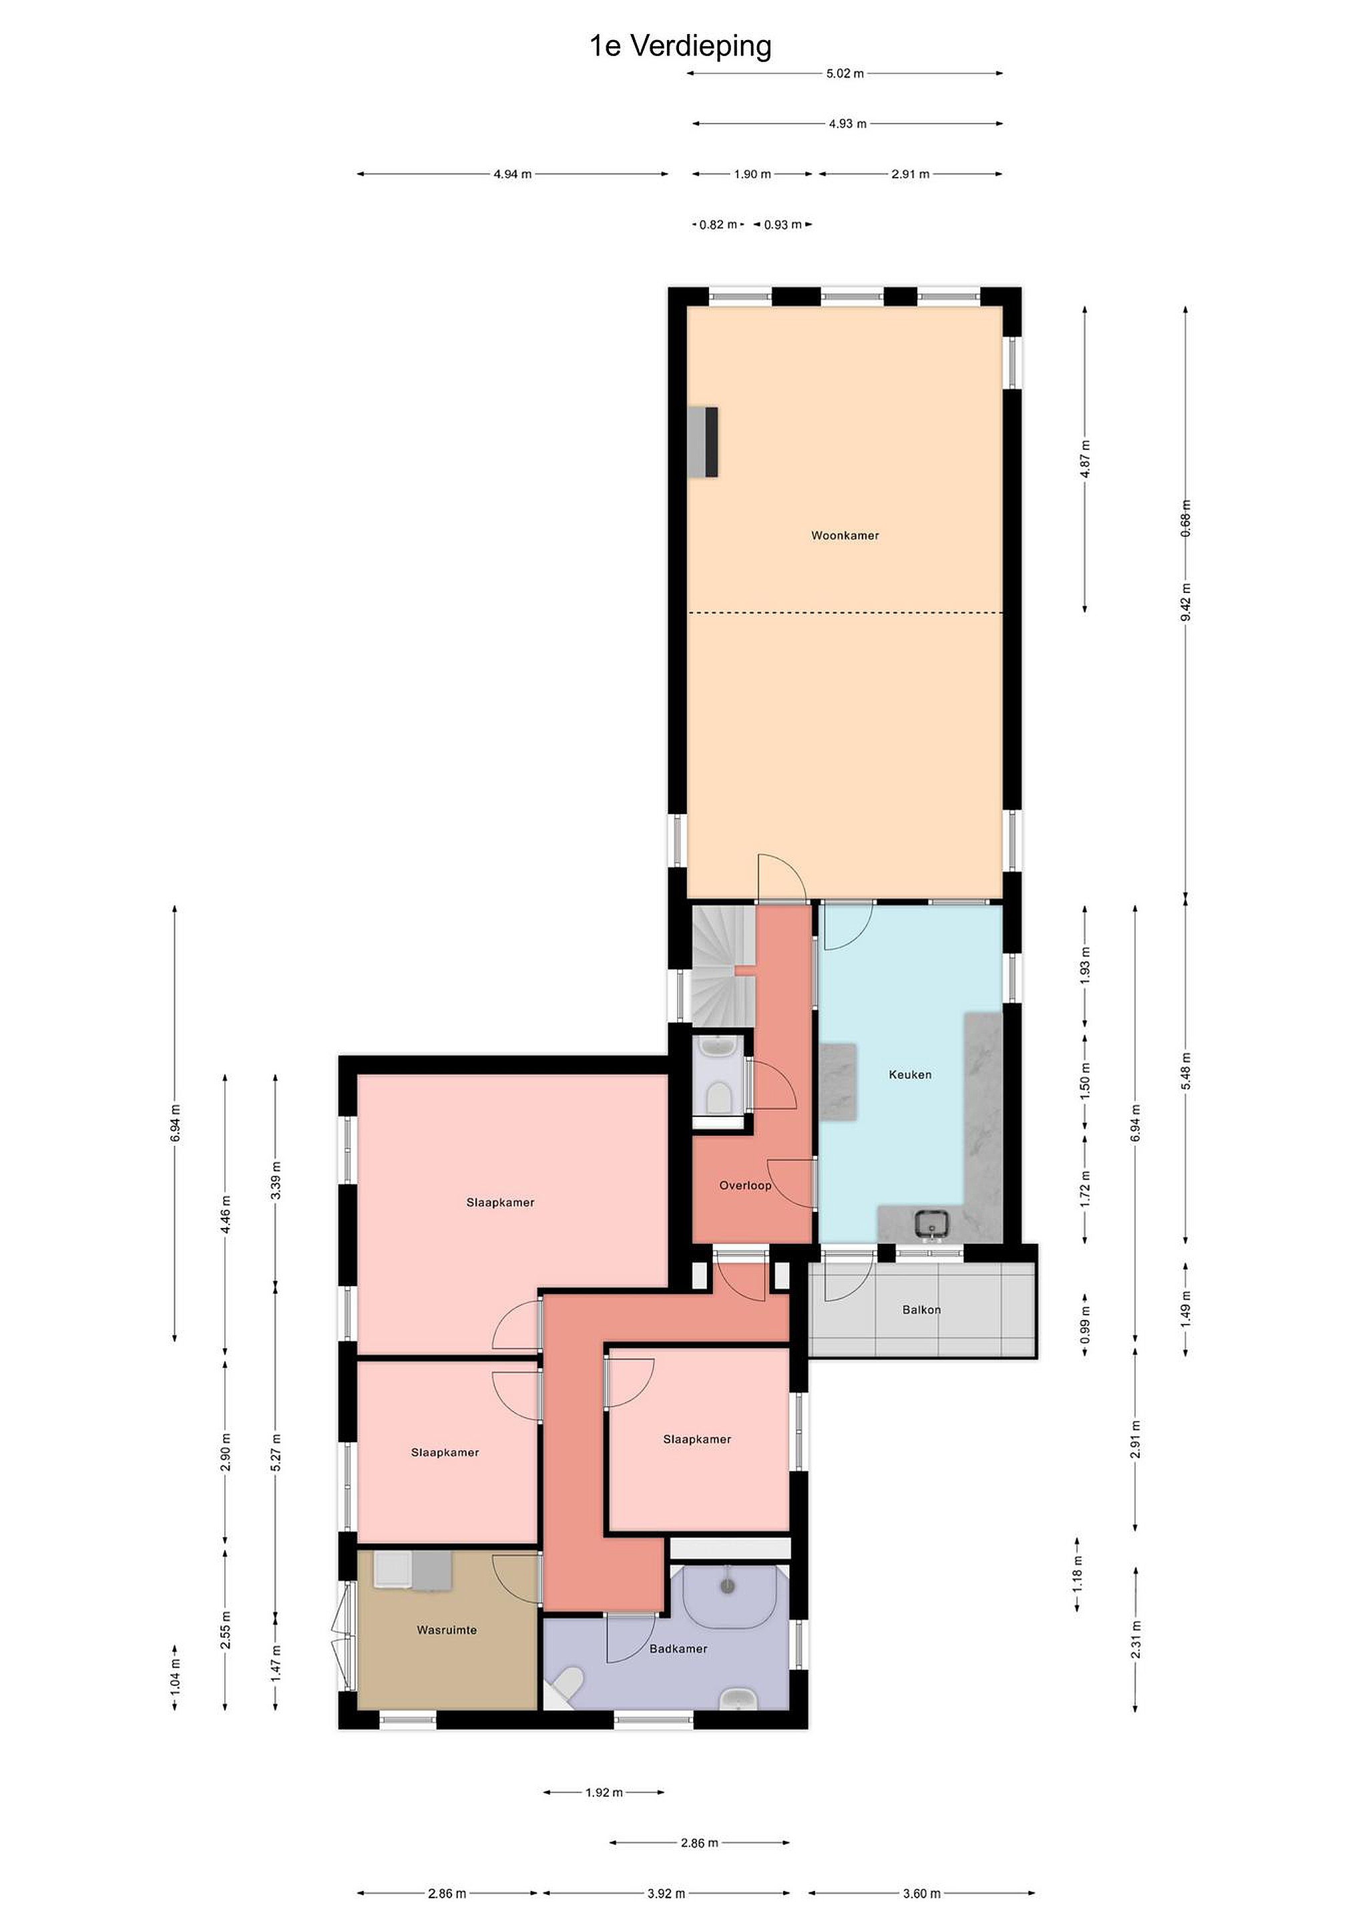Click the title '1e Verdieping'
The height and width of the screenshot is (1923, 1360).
pos(680,46)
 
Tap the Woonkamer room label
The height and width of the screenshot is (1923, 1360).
pos(845,536)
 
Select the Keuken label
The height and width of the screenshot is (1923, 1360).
pos(910,1074)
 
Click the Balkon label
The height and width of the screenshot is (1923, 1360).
pos(921,1309)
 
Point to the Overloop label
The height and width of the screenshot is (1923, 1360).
pos(745,1185)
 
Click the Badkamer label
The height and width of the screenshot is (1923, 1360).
pos(678,1649)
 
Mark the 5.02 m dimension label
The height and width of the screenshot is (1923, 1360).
pos(845,73)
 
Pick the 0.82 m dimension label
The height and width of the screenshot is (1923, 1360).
pos(718,224)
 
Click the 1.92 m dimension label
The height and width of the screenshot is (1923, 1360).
pos(604,1792)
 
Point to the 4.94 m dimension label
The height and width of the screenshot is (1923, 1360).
pos(513,174)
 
